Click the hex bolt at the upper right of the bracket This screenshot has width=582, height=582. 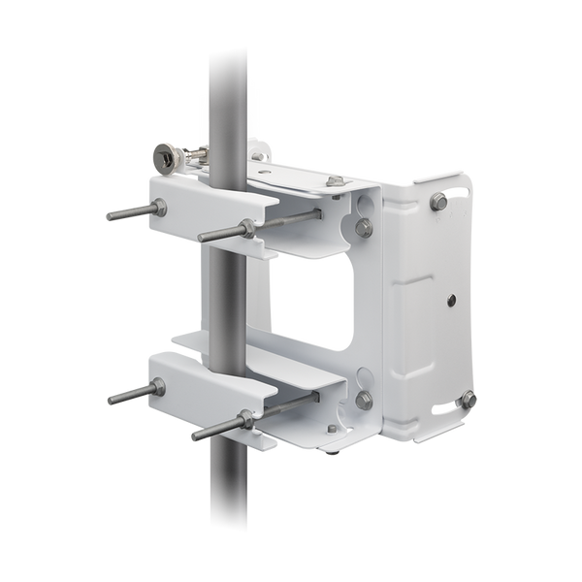437,202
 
